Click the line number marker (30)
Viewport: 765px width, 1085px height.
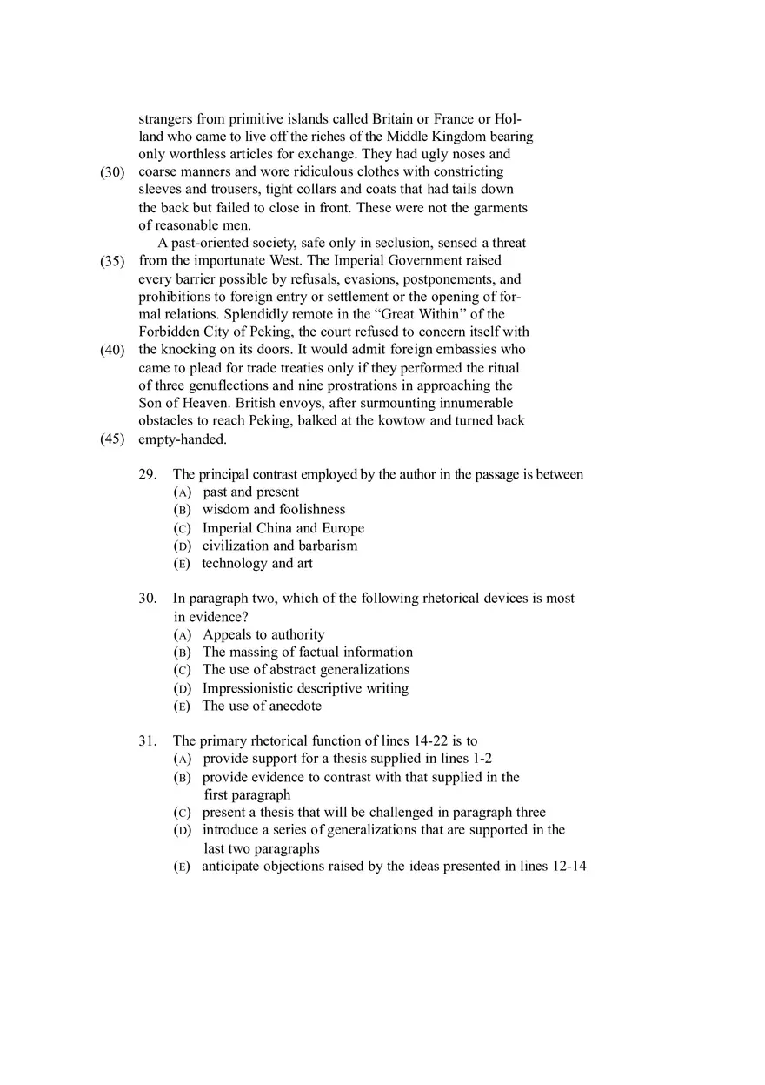coord(112,172)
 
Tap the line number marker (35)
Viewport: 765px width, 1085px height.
coord(112,261)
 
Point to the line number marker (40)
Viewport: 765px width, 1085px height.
coord(112,350)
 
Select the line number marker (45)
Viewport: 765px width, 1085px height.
coord(112,439)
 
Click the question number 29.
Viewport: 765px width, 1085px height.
coord(147,475)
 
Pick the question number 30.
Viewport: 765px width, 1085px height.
coord(147,599)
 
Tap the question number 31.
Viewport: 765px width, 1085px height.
coord(147,741)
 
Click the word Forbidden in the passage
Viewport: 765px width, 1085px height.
coord(170,332)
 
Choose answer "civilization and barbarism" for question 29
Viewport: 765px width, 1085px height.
coord(280,546)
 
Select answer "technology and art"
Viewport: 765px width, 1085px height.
coord(257,564)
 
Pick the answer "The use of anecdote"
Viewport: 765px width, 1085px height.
coord(262,707)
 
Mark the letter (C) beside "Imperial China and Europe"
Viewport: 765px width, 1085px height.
coord(182,529)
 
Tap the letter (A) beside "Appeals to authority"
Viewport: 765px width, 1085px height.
coord(182,635)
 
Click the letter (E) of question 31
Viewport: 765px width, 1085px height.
coord(182,867)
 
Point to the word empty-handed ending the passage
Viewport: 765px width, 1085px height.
coord(181,439)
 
